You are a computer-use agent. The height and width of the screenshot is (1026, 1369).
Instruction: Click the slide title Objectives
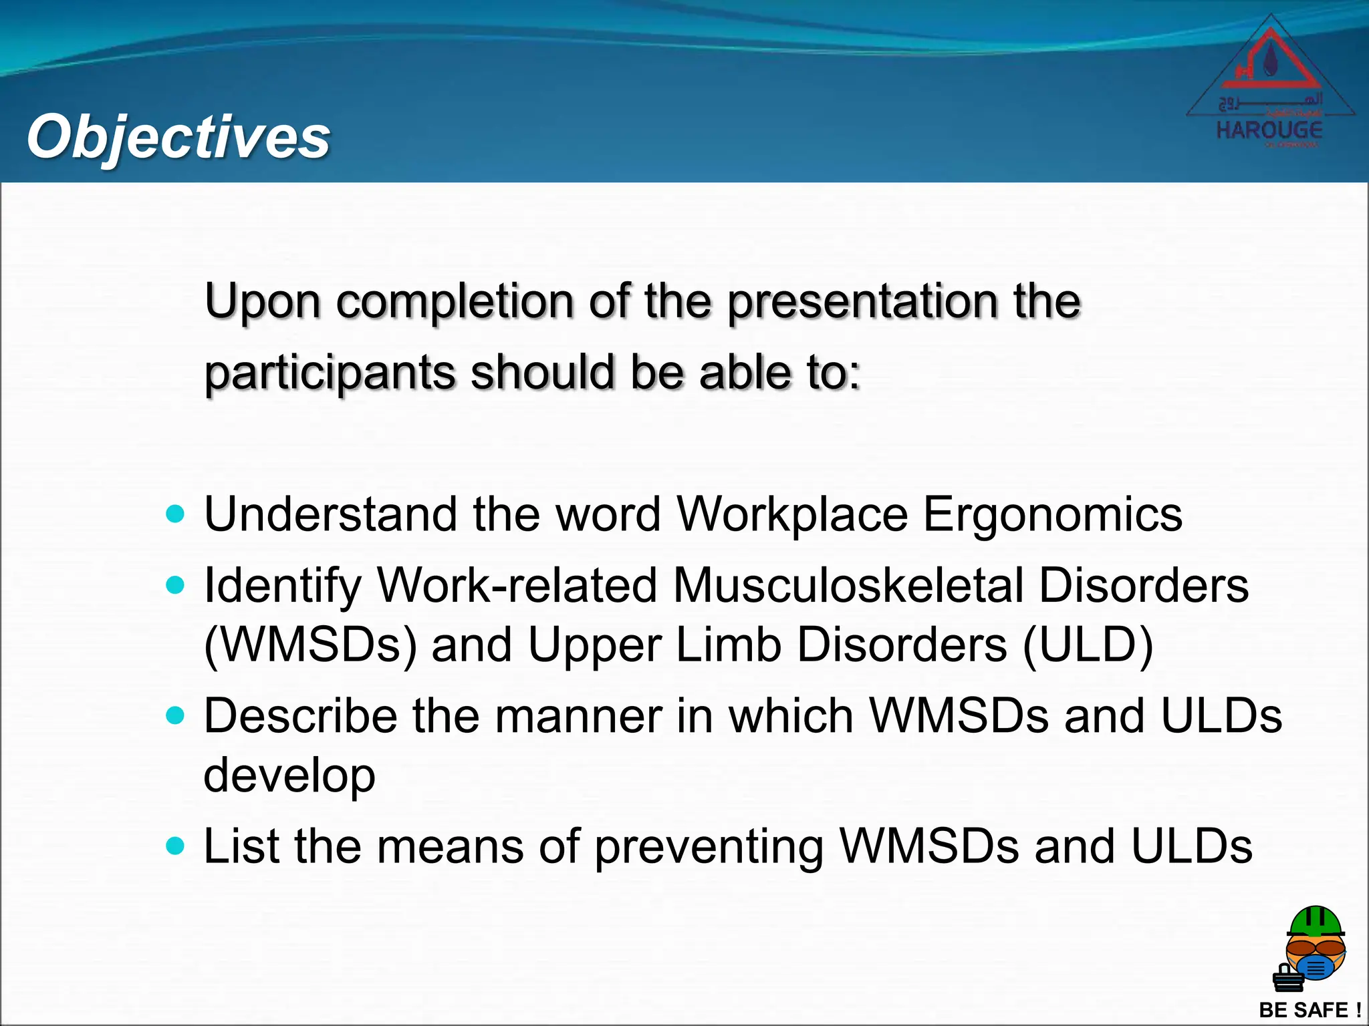pos(178,137)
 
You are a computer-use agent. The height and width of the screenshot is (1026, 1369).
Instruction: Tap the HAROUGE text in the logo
pos(1269,130)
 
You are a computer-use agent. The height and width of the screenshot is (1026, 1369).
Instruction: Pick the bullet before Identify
pos(174,585)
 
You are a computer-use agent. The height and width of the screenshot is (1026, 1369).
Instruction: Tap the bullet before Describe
pos(174,716)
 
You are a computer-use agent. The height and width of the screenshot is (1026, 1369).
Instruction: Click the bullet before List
pos(174,846)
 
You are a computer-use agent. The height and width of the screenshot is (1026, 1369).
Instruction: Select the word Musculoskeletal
pos(848,585)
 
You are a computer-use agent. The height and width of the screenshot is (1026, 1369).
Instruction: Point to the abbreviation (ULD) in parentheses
pos(1088,645)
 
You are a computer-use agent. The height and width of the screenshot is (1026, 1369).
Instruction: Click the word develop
pos(289,775)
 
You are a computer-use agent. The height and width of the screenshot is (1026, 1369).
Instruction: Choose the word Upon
pos(262,302)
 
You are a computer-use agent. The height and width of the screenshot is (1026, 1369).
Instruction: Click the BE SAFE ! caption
pos(1309,1009)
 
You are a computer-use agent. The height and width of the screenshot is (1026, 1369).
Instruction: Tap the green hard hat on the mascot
pos(1315,922)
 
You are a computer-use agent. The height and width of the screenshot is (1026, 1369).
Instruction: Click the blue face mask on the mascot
pos(1315,967)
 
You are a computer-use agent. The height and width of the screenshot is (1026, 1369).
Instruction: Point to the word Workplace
pos(791,514)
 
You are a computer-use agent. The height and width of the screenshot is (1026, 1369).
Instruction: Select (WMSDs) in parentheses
pos(310,645)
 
